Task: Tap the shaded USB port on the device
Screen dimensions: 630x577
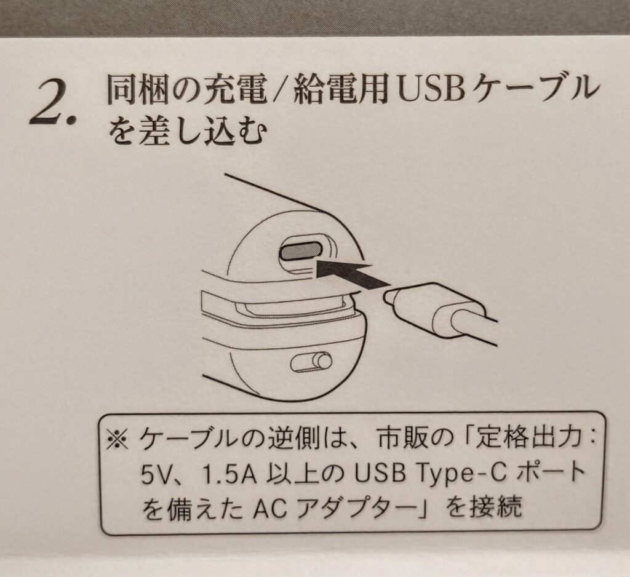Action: coord(300,252)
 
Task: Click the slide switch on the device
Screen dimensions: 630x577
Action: coord(311,361)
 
